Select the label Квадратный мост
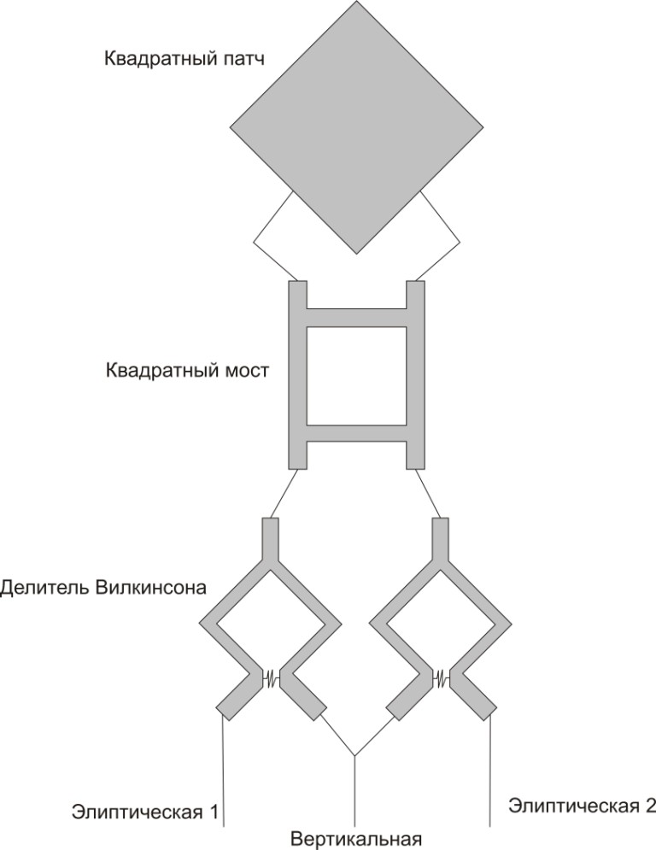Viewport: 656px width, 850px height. (x=188, y=372)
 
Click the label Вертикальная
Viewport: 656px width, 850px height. (x=356, y=837)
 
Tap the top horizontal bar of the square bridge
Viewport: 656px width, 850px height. (x=355, y=317)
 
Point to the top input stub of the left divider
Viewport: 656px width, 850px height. (x=270, y=536)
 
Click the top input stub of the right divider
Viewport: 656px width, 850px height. (x=441, y=536)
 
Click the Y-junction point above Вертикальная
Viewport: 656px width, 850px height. (x=354, y=757)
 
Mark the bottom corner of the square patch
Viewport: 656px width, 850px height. (x=355, y=253)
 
